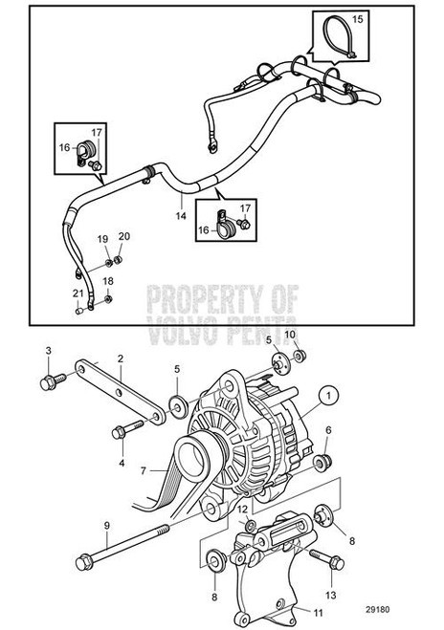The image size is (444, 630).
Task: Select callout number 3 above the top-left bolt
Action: click(x=49, y=354)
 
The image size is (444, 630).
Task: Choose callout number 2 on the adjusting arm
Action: click(x=121, y=359)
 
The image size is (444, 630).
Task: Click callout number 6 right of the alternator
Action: click(x=329, y=431)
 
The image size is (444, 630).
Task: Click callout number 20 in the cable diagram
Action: click(x=122, y=236)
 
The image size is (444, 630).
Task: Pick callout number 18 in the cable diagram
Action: click(x=108, y=281)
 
